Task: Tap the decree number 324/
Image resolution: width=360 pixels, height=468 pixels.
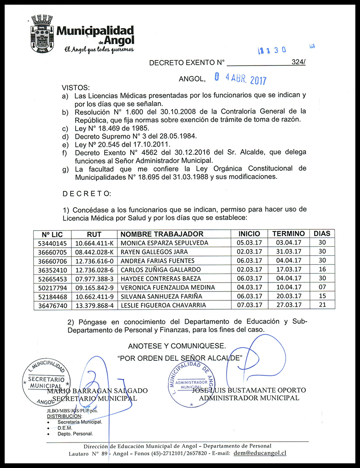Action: tap(298, 62)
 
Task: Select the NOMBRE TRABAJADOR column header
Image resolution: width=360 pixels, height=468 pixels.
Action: tap(162, 234)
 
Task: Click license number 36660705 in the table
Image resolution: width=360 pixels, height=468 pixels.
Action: tap(52, 252)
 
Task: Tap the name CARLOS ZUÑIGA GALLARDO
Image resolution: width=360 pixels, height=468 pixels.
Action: tap(161, 270)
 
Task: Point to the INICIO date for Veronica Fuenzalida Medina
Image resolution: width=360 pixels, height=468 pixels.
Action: tap(249, 287)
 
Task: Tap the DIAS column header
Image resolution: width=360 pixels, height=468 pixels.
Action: tap(321, 234)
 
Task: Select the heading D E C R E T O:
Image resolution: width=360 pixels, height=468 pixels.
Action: tap(87, 194)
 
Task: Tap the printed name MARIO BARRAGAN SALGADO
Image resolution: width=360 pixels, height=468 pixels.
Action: tap(97, 391)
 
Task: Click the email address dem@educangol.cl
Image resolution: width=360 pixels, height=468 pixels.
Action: tap(260, 453)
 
